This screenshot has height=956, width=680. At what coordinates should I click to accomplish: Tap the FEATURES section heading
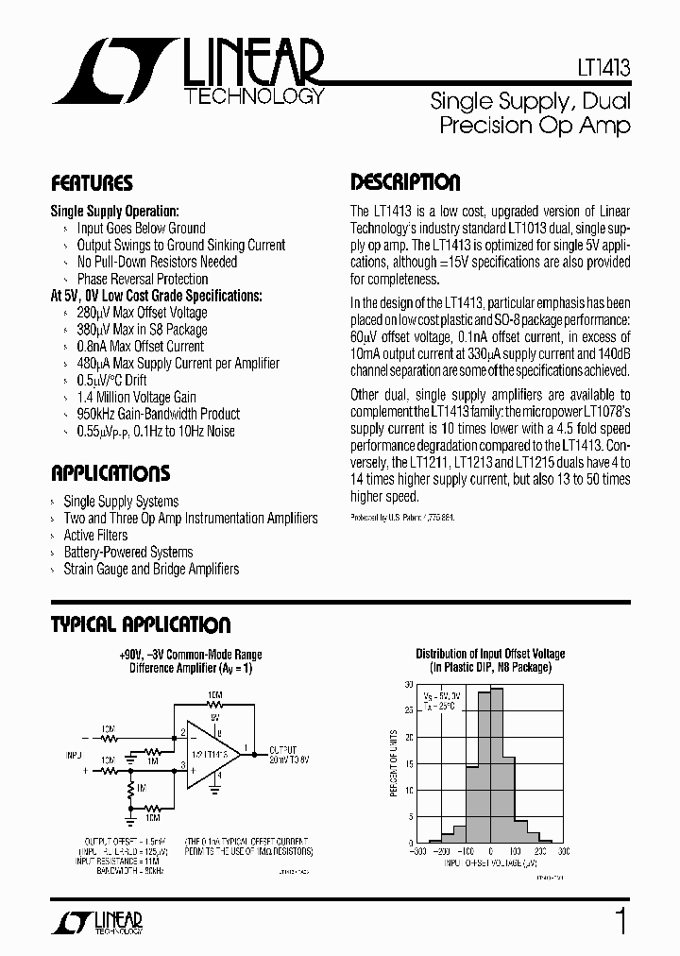92,183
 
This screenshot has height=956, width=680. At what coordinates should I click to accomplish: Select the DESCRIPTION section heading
405,182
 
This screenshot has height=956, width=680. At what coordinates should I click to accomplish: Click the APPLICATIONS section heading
110,473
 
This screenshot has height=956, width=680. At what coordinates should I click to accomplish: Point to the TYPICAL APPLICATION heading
140,624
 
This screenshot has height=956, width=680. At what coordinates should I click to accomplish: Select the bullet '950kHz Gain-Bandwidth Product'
158,414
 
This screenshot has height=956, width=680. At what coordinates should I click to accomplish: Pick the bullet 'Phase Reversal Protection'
142,279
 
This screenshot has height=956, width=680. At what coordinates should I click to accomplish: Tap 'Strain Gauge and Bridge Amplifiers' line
151,570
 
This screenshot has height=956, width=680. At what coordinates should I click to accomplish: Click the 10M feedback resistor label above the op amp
215,695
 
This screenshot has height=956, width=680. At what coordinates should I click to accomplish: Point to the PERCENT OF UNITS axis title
393,763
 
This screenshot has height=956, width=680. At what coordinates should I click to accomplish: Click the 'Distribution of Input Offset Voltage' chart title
490,654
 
